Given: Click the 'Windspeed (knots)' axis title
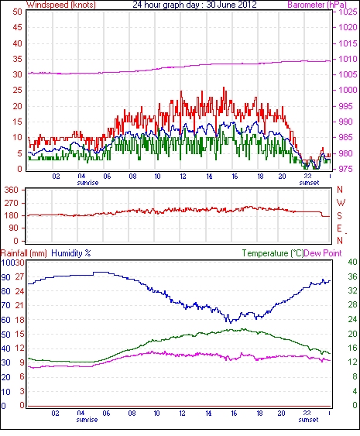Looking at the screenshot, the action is [x=61, y=5].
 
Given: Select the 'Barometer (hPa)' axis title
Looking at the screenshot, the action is [x=317, y=5].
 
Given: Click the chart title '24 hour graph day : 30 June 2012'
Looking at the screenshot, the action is [x=194, y=5].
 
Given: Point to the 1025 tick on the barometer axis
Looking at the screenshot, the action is [x=348, y=12].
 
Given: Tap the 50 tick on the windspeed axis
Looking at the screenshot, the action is [x=17, y=12].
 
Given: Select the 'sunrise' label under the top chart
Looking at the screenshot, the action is [x=87, y=183].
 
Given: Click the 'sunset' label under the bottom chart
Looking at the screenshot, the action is [x=308, y=419].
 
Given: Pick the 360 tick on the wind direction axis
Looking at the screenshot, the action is [x=12, y=191].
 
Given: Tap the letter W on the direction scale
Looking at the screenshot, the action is [x=341, y=202].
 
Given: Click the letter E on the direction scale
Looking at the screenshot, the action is [x=339, y=228].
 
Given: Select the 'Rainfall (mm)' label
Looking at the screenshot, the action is [x=24, y=253].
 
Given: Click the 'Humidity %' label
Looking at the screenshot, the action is [x=71, y=253].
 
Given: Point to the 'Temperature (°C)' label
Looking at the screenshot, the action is [x=273, y=253].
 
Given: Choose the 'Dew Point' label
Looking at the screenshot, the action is [x=323, y=253].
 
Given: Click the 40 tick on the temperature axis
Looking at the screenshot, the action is [x=353, y=262].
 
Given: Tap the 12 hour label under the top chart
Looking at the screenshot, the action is [x=183, y=177].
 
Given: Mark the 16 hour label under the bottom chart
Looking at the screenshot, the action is [x=234, y=414].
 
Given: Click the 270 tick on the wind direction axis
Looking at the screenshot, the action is [x=12, y=203].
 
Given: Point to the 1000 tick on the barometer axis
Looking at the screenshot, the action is [x=348, y=90].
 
